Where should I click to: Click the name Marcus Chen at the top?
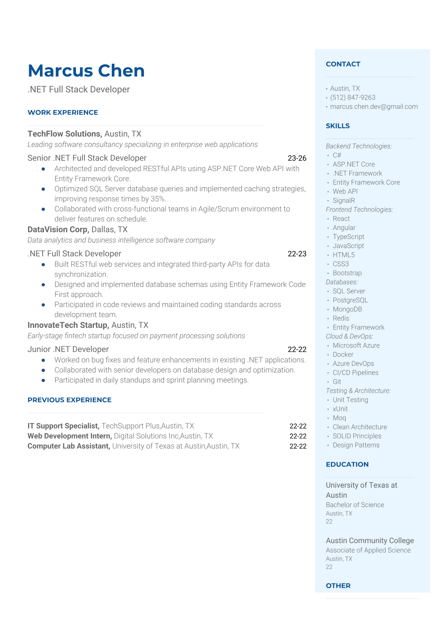(86, 71)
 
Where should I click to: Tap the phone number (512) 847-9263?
(353, 98)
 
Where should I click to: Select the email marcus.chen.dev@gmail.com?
(374, 107)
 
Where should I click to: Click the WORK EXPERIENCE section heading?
(63, 113)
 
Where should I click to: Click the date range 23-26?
(297, 158)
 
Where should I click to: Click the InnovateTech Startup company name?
(68, 325)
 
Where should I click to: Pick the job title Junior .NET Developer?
(68, 349)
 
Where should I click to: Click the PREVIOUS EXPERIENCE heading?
(70, 400)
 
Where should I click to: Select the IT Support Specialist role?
(63, 426)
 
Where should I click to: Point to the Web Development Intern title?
(70, 436)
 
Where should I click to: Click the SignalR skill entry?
(344, 201)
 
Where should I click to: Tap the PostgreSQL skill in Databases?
(350, 300)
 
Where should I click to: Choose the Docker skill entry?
(343, 354)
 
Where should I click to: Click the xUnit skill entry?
(340, 409)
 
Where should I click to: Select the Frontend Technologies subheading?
(359, 210)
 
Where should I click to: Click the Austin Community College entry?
(369, 541)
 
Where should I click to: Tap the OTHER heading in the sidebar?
(338, 586)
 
